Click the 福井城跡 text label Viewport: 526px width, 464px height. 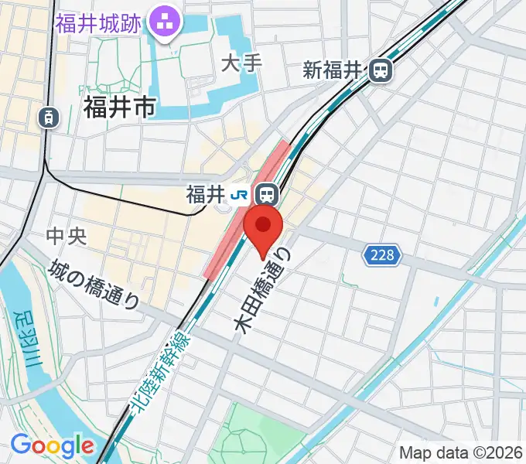tap(98, 22)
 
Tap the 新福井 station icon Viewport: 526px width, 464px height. tap(381, 71)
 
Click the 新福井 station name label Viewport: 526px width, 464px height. tap(333, 71)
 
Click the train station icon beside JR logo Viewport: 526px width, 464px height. tap(268, 193)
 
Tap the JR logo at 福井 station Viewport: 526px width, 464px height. tap(242, 193)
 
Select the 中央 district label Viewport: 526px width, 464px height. tap(67, 237)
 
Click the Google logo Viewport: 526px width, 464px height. tap(51, 446)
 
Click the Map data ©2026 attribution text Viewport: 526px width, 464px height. tap(461, 452)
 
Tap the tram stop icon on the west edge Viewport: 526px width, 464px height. tap(49, 118)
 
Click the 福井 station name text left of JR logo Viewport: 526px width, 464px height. tap(205, 194)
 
